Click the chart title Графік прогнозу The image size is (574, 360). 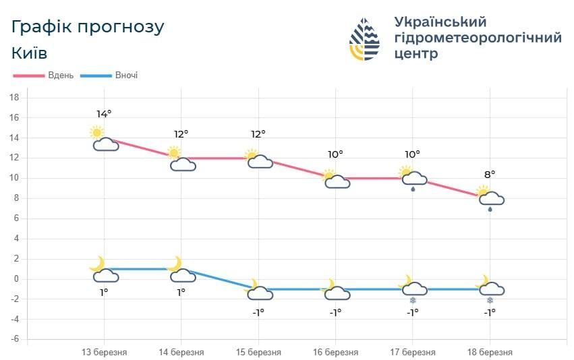(88, 28)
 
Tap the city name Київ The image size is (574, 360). (30, 53)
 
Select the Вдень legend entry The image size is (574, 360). (47, 76)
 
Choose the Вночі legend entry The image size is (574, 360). (111, 76)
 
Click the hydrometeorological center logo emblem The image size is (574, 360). (364, 38)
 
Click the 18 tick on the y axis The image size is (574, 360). (13, 98)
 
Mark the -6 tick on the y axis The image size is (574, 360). (13, 339)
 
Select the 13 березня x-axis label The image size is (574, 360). (104, 352)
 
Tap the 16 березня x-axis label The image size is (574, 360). (335, 352)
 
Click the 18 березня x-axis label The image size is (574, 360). (490, 352)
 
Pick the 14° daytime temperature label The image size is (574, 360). (104, 113)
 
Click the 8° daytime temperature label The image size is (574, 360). (490, 174)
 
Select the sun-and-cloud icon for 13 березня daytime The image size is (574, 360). (103, 138)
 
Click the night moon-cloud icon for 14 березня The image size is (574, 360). (181, 270)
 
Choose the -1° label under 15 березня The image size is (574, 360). (258, 311)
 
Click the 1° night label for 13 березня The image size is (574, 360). (104, 292)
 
